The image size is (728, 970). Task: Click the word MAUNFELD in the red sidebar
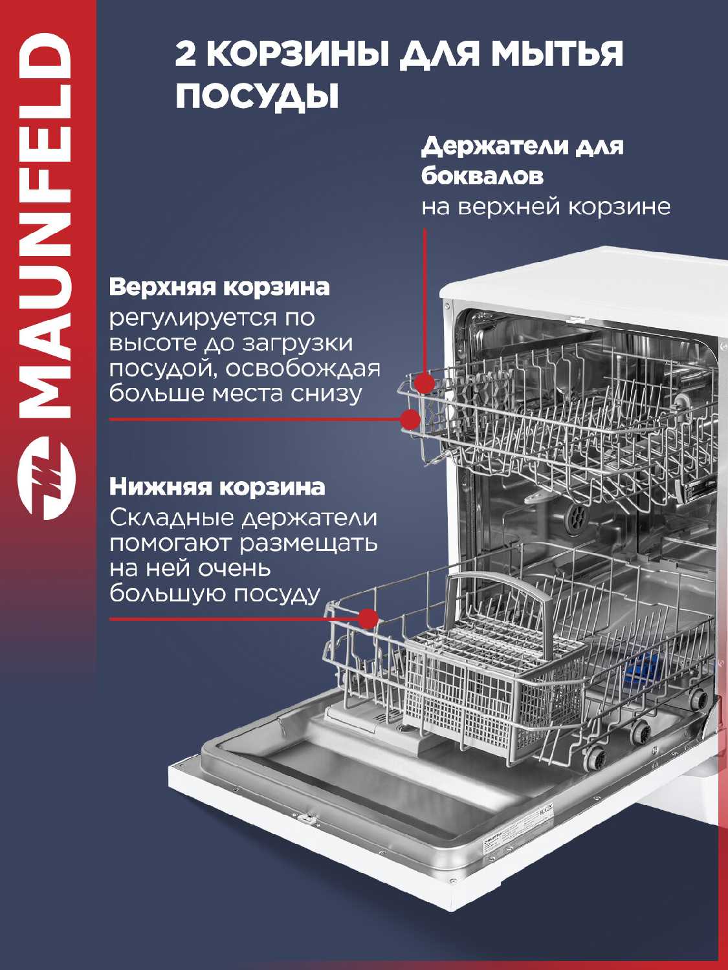(x=44, y=225)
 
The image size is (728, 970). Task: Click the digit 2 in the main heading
(x=186, y=54)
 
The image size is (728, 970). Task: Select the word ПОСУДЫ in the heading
(x=258, y=95)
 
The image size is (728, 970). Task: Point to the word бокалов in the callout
(x=482, y=176)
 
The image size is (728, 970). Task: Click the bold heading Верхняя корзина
(x=219, y=288)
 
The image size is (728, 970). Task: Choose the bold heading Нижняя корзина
(x=217, y=487)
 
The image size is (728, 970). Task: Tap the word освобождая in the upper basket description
(x=303, y=369)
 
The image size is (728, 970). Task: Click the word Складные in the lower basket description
(x=173, y=518)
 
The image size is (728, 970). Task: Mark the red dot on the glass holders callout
(x=425, y=382)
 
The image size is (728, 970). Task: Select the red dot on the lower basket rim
(x=368, y=618)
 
